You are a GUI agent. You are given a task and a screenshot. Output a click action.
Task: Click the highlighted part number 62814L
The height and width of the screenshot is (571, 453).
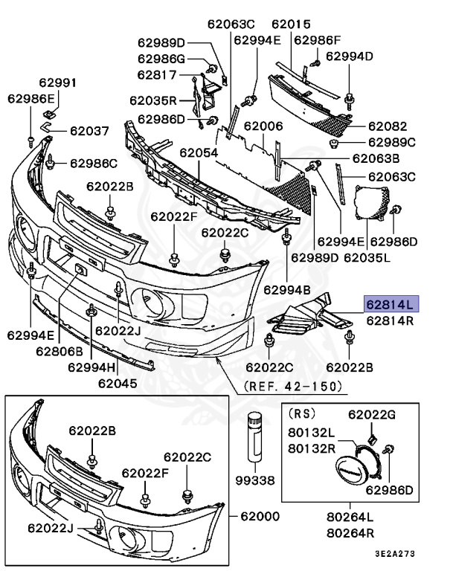(391, 303)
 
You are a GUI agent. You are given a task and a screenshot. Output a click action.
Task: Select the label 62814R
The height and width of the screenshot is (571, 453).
(391, 321)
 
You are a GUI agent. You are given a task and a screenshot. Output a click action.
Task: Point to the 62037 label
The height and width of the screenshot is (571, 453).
(90, 131)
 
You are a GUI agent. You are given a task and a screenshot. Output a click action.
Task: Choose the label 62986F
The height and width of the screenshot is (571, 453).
(317, 40)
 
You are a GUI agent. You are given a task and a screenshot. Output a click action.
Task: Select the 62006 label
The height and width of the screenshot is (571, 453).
(263, 127)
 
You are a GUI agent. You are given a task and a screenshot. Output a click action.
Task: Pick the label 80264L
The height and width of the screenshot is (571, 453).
(350, 518)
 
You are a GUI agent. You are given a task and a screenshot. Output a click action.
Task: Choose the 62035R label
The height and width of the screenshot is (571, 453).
(152, 100)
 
